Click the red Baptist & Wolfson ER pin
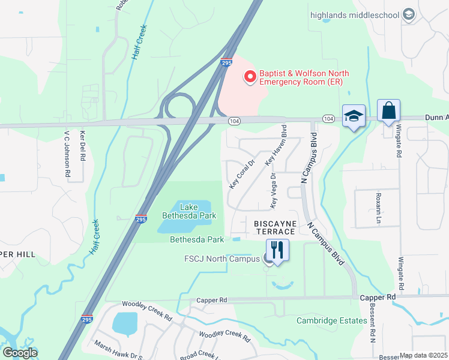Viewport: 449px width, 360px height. (x=250, y=77)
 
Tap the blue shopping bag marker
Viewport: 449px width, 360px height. (x=388, y=112)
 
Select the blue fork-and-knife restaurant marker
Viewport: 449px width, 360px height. (x=277, y=250)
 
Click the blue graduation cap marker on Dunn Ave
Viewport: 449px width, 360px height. (x=354, y=116)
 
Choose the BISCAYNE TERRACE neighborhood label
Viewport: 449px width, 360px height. (x=274, y=227)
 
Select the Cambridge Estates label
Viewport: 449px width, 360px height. (x=331, y=320)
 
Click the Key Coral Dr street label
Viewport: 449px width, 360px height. (x=243, y=174)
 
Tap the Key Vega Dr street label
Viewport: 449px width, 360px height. (x=273, y=191)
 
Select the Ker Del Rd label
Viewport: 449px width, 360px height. (x=83, y=148)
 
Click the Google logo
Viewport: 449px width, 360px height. (x=20, y=353)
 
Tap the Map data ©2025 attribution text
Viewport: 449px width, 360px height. (x=423, y=355)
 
